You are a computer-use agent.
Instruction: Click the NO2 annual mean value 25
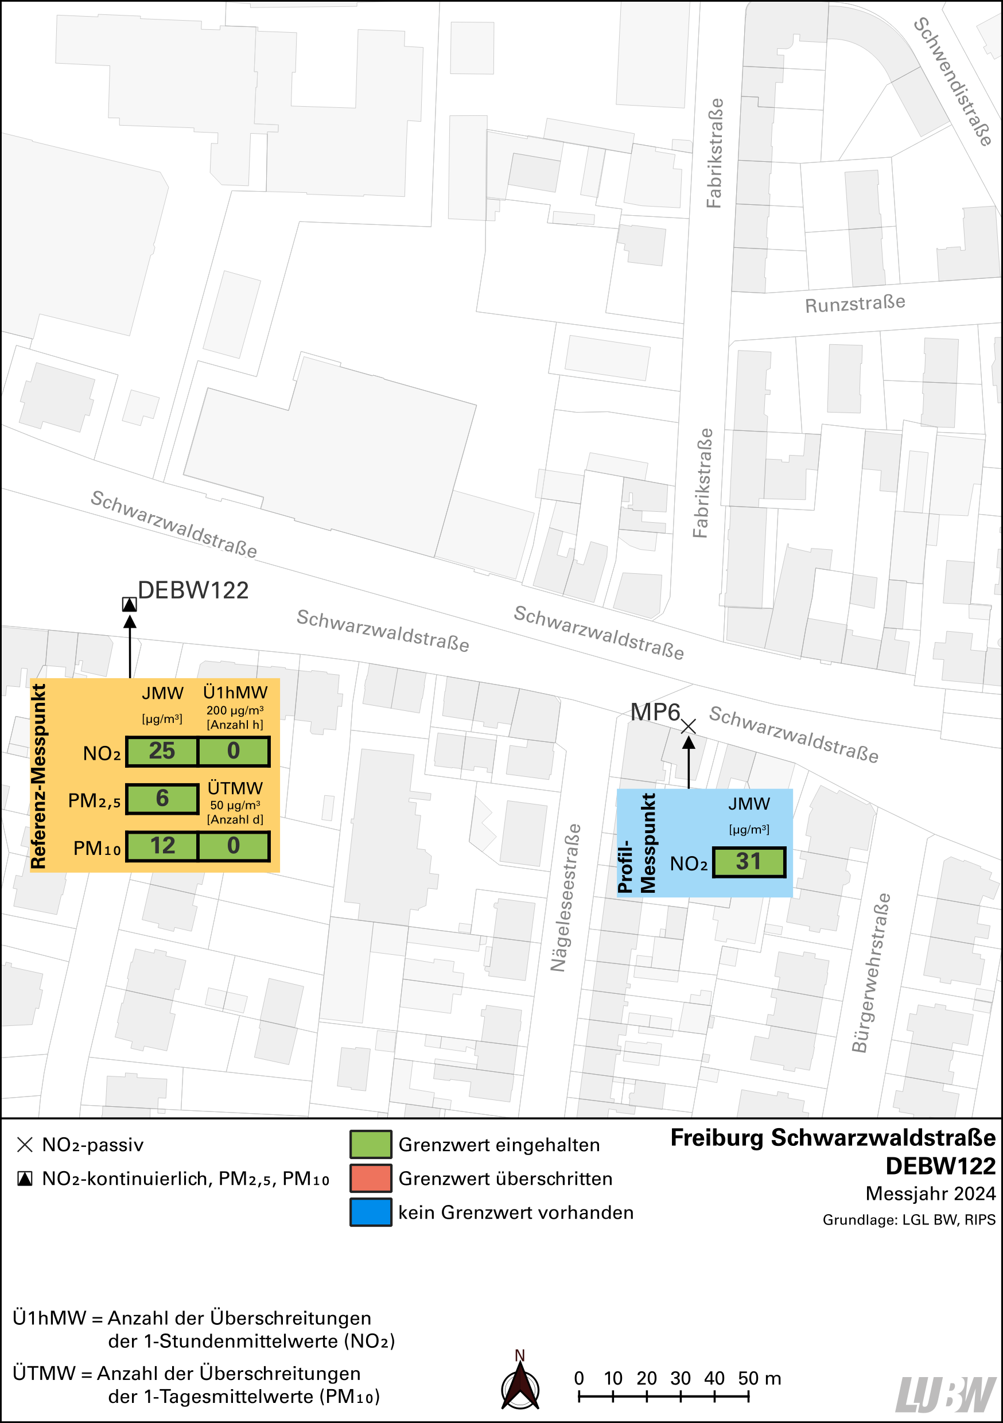coord(162,751)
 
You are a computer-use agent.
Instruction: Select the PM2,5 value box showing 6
coord(162,798)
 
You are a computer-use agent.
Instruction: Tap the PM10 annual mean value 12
coord(162,846)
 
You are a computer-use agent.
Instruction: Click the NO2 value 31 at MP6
coord(748,861)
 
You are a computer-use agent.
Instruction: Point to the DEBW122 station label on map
coord(193,590)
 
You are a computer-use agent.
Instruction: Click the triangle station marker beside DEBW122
coord(129,604)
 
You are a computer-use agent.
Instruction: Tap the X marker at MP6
coord(688,726)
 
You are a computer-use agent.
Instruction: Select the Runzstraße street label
coord(855,304)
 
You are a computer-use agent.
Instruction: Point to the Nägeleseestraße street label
coord(566,897)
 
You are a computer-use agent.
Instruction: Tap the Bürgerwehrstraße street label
coord(870,973)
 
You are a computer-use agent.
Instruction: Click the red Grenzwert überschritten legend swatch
coord(370,1178)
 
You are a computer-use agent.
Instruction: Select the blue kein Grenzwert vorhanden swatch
coord(370,1212)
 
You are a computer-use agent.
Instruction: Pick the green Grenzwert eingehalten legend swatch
coord(370,1144)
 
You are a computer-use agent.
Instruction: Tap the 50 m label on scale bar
coord(759,1378)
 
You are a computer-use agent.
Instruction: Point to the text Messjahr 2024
coord(930,1193)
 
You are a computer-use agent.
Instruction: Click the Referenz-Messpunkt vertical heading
coord(38,776)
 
